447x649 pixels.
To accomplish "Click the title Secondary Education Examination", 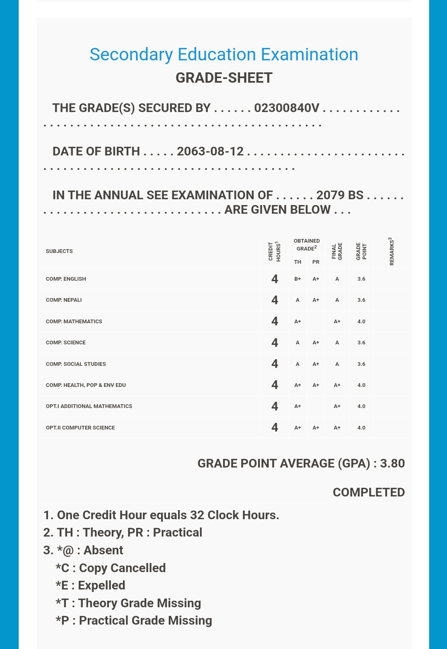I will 224,55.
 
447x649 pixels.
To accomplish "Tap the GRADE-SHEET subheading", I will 224,78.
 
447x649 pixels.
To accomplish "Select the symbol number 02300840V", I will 286,108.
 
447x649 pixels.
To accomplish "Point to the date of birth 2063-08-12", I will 210,151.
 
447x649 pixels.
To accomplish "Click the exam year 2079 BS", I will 340,195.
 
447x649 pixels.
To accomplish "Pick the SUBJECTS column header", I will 59,251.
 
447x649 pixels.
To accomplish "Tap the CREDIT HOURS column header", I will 274,251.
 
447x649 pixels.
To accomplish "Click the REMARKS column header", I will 391,251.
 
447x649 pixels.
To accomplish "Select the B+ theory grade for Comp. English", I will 298,279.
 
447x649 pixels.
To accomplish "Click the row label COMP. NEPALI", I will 64,300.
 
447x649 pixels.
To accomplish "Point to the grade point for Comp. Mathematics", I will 361,322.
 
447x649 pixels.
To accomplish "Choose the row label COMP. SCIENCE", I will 66,343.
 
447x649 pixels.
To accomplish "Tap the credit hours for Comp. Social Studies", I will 274,364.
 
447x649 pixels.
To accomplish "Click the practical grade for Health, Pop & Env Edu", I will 316,385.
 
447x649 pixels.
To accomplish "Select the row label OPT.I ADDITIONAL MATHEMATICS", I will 89,406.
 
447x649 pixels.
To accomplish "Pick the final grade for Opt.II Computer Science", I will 337,428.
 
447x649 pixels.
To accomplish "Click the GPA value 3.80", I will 392,463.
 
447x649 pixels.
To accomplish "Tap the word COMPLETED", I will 369,492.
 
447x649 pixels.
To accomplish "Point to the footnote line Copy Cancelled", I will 111,568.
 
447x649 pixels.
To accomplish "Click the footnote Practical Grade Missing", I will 134,620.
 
